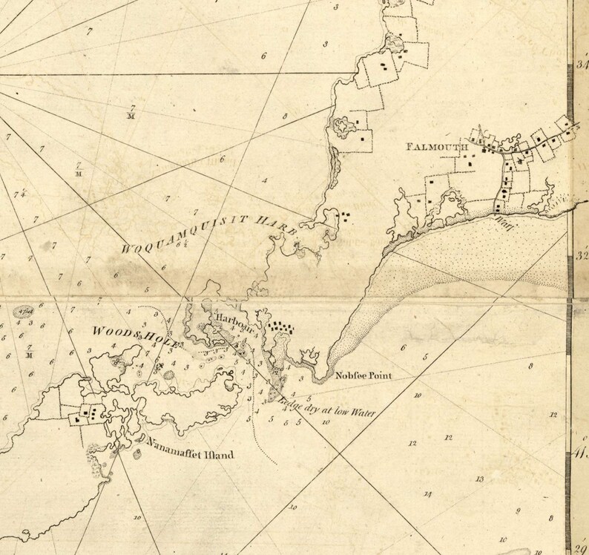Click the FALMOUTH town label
(x=436, y=147)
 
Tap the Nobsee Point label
(x=361, y=375)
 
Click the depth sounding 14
(x=427, y=494)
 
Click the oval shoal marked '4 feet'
(x=29, y=310)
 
